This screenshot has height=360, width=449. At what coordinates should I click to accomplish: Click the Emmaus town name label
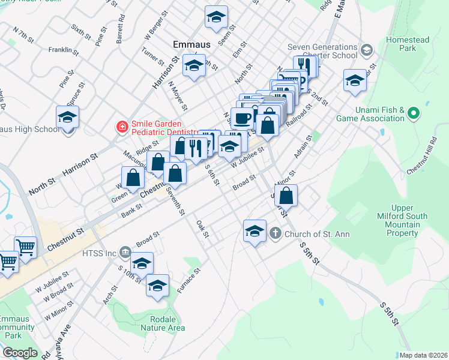click(191, 44)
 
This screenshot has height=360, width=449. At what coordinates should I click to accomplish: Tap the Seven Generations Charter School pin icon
click(367, 49)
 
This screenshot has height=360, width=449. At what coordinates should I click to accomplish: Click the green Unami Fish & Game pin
click(412, 113)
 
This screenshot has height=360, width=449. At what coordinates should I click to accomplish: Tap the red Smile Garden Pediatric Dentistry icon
click(122, 127)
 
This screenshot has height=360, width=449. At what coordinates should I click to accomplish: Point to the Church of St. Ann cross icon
click(275, 233)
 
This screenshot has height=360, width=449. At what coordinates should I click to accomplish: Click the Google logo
click(20, 352)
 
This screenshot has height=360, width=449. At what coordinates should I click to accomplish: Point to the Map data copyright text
click(421, 355)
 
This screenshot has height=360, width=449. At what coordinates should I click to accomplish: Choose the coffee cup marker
click(242, 118)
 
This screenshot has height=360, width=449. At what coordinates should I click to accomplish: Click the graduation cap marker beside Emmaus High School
click(68, 116)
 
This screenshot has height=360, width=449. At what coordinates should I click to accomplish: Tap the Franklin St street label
click(64, 50)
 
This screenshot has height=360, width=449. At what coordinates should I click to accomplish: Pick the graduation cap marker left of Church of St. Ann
click(255, 230)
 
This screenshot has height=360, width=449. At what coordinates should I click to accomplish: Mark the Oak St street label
click(202, 229)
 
